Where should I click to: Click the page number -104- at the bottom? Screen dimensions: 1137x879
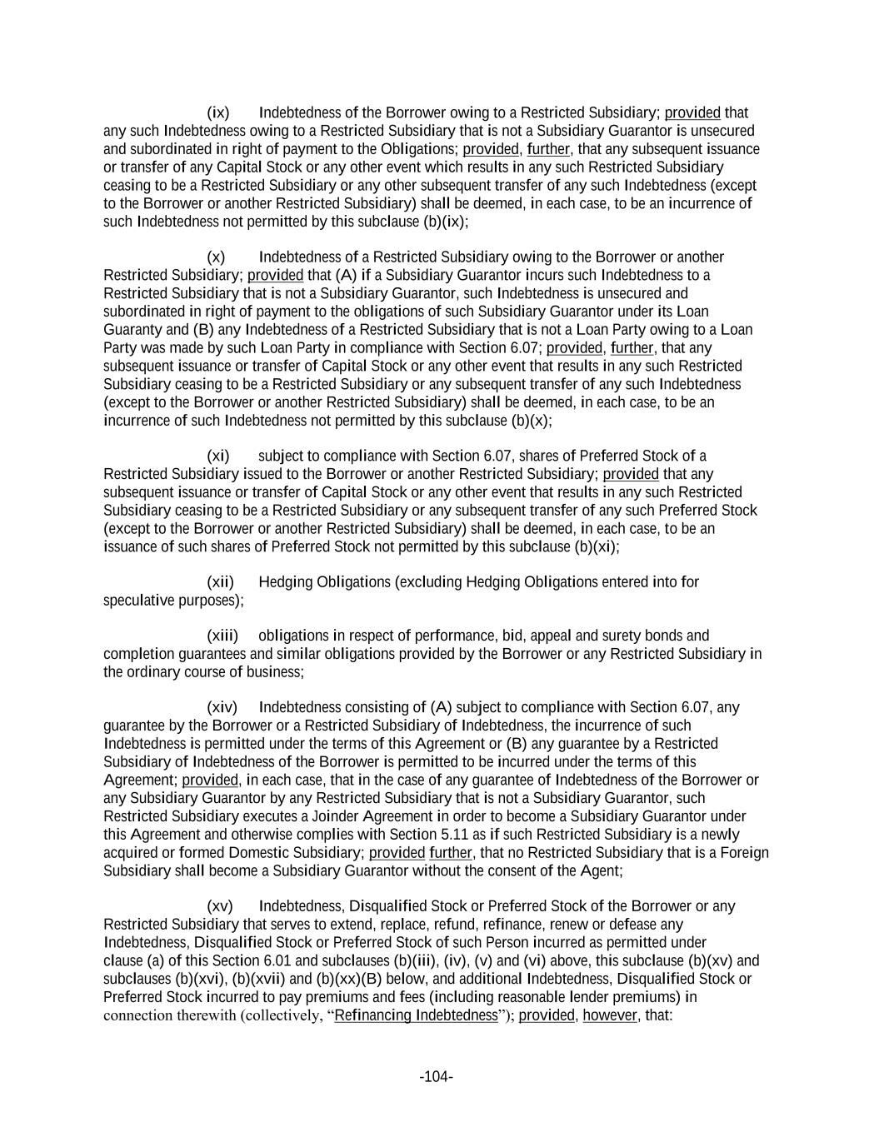[x=436, y=1077]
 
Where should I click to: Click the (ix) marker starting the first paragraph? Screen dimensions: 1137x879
[x=217, y=112]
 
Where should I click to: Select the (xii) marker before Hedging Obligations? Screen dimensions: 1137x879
[x=220, y=581]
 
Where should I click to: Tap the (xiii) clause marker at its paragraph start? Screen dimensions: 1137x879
[x=222, y=636]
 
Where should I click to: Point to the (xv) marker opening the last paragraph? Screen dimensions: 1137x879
[x=219, y=905]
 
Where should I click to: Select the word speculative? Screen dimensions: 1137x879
[x=137, y=600]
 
